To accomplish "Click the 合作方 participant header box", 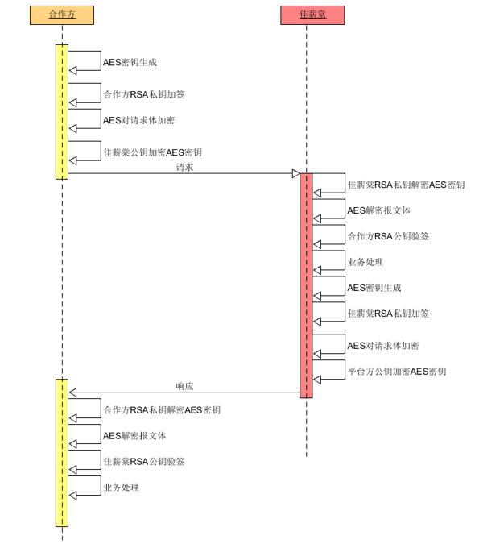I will [62, 15].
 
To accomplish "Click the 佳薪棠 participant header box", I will [312, 15].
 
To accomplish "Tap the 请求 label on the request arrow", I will [184, 168].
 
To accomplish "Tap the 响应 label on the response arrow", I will [184, 387].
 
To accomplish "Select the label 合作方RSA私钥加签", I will [143, 95].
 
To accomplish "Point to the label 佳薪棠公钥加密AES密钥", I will [152, 153].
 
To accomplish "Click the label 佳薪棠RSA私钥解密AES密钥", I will [406, 185].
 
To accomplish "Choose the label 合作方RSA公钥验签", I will [388, 237].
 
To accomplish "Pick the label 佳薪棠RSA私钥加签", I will [388, 314].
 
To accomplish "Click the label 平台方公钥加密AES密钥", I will [397, 372].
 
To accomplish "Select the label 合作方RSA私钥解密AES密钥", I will [161, 410].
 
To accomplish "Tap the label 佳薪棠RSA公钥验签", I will [143, 462].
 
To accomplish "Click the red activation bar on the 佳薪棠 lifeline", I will [306, 285].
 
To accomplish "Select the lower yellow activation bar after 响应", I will [62, 452].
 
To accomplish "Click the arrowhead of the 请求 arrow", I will [295, 173].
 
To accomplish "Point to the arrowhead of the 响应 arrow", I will [73, 392].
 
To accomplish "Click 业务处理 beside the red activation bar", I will [365, 263].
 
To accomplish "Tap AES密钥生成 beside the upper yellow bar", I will [130, 63].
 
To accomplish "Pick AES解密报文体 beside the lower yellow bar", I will [134, 436].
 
